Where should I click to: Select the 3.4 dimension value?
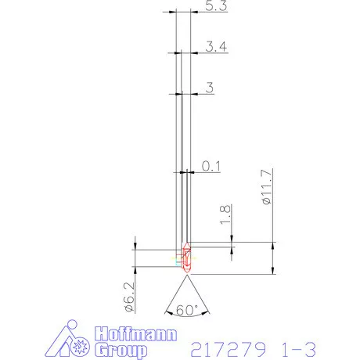pos(215,47)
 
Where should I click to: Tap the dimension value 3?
pos(209,87)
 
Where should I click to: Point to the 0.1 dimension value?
pos(211,166)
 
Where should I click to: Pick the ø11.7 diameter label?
pos(267,187)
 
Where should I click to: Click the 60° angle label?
pos(188,309)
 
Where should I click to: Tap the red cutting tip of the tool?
pos(186,257)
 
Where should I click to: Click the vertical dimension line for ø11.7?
pos(273,258)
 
